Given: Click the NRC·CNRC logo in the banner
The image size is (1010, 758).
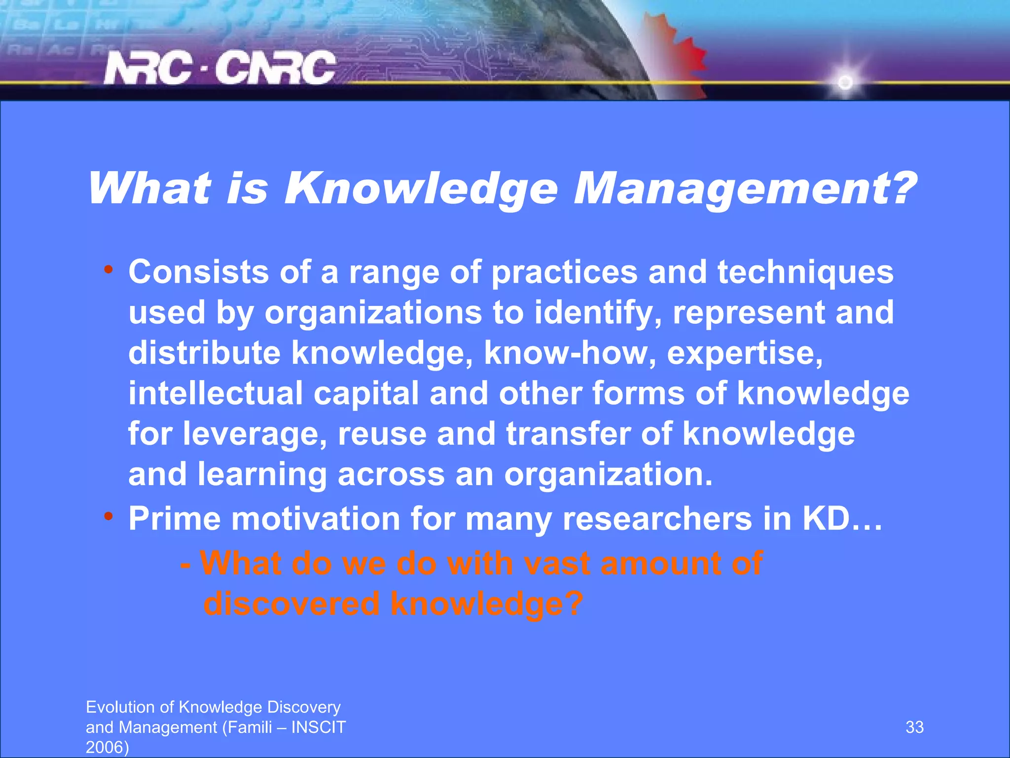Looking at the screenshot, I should (x=220, y=68).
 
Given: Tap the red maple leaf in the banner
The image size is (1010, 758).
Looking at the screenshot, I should (x=681, y=54).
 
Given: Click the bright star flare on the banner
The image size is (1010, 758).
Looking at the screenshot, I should (x=845, y=82).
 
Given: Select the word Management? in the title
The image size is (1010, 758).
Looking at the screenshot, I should (x=745, y=189).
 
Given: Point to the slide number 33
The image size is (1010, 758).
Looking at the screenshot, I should (x=914, y=727).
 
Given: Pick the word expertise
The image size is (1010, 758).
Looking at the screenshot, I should (x=745, y=353).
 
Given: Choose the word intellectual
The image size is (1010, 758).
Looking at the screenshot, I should (x=216, y=394).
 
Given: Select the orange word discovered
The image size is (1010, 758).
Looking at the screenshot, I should (x=291, y=604).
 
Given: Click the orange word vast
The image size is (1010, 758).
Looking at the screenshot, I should (x=557, y=563).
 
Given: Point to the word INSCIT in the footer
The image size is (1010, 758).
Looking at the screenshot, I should (x=319, y=727).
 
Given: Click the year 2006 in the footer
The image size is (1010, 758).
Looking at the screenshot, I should (x=105, y=747).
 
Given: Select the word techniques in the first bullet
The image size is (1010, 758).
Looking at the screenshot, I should (x=805, y=272).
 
